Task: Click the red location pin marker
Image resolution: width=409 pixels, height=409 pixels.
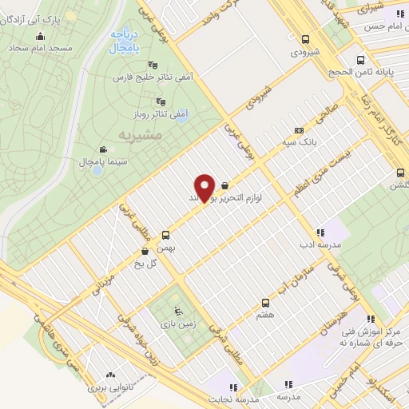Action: [x=205, y=189]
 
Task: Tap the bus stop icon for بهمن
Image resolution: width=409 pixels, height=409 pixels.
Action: [x=166, y=235]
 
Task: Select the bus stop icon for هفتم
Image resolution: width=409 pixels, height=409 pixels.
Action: [x=266, y=303]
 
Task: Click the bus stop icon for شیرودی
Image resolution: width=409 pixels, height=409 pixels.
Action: [x=305, y=38]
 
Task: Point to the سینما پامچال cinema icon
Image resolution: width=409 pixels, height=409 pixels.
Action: [x=103, y=149]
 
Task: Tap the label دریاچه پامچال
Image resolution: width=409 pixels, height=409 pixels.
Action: [x=124, y=42]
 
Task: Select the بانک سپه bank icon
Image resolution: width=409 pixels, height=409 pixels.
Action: [x=299, y=130]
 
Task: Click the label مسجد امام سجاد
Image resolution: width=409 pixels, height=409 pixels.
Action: [x=42, y=49]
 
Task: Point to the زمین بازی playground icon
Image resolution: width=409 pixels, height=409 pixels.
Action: [x=177, y=312]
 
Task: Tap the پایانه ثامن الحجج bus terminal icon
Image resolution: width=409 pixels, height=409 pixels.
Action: [x=361, y=60]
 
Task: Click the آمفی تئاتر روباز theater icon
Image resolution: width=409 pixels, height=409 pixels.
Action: [x=161, y=101]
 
